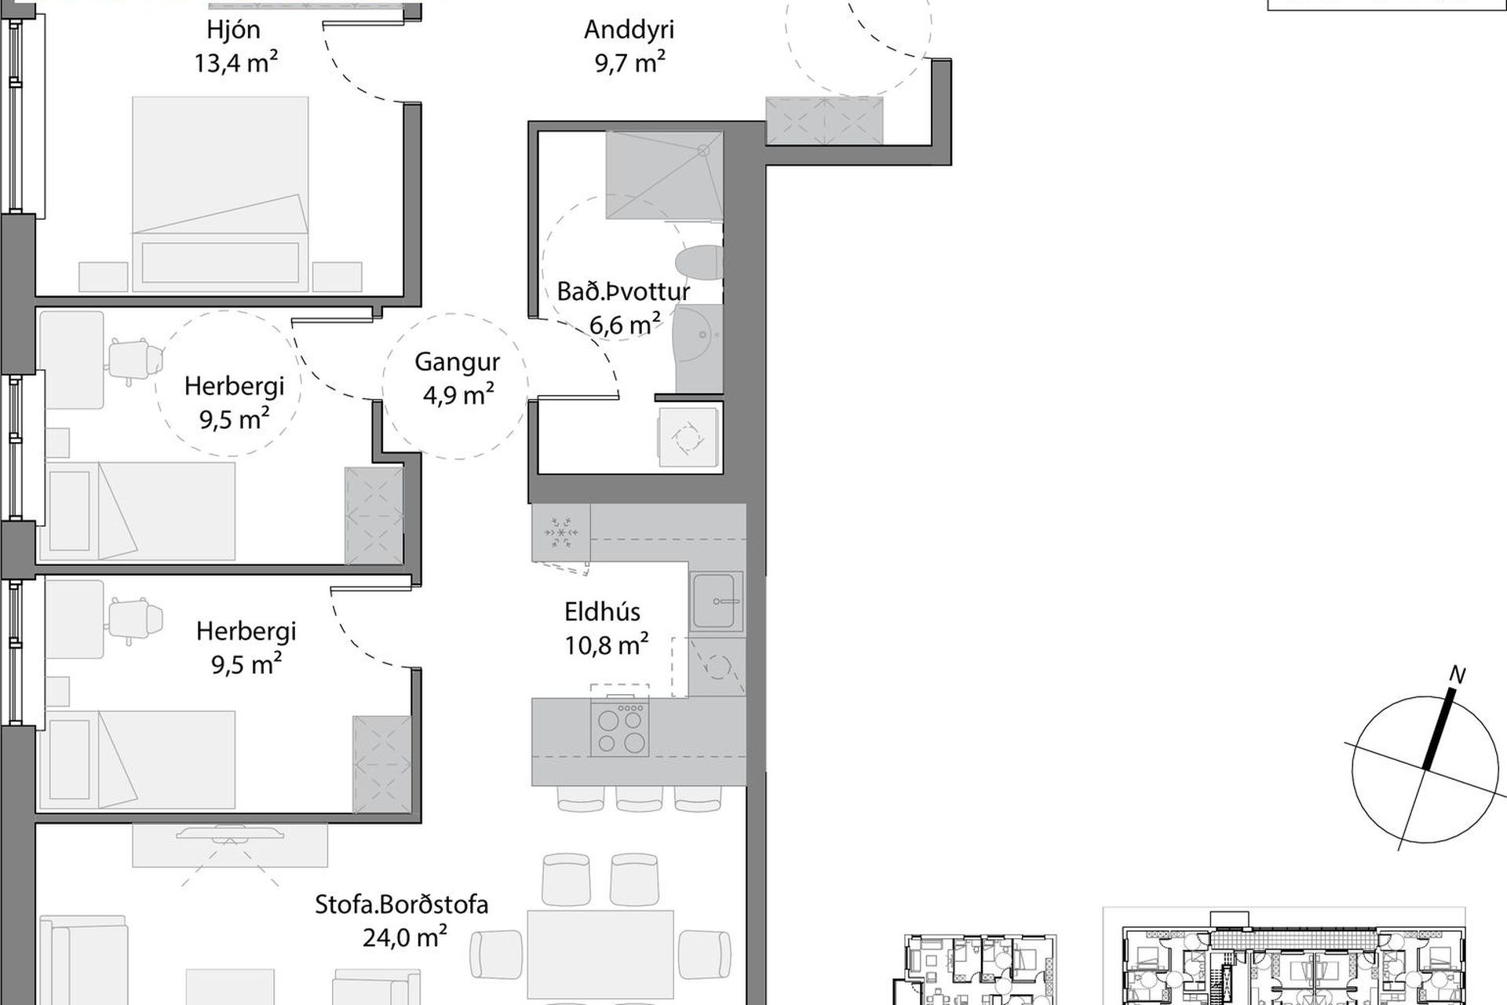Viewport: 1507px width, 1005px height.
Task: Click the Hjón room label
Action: click(x=233, y=30)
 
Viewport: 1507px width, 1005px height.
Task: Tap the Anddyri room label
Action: click(x=629, y=30)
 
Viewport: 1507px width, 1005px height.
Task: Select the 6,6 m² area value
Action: click(x=625, y=323)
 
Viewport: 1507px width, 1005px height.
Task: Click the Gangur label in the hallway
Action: click(x=457, y=362)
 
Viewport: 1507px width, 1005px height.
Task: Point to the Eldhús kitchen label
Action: click(x=602, y=612)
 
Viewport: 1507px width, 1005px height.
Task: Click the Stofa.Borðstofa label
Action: click(x=401, y=904)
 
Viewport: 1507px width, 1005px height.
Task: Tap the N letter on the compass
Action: click(x=1458, y=674)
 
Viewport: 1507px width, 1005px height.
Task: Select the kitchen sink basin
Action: click(x=714, y=601)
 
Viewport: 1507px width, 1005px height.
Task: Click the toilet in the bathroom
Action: click(x=699, y=263)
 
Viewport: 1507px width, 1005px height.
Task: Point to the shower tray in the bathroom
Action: click(x=664, y=175)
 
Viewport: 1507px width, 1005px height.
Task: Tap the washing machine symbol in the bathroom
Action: click(x=688, y=437)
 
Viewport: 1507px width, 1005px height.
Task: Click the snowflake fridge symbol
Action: click(x=561, y=533)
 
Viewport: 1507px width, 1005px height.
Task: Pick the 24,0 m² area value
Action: click(x=405, y=937)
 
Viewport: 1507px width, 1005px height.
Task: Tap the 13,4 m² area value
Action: click(x=236, y=62)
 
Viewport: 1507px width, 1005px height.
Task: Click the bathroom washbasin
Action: click(x=699, y=347)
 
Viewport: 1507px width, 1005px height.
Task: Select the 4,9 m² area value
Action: click(x=458, y=394)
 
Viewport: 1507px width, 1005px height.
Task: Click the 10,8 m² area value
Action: click(x=607, y=645)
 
